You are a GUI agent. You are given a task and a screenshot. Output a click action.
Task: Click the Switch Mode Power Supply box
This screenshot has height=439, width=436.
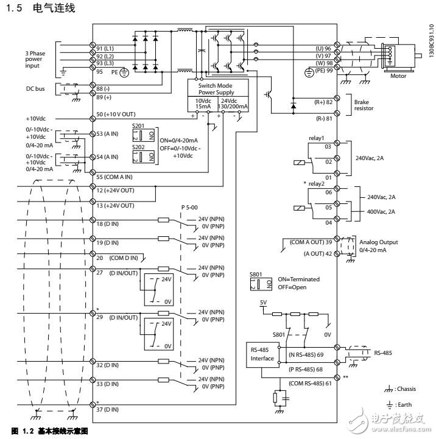(211, 89)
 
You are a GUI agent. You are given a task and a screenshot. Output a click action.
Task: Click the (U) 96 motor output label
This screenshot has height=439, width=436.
(322, 47)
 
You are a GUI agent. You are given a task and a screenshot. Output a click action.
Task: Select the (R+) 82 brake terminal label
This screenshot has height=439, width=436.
(321, 102)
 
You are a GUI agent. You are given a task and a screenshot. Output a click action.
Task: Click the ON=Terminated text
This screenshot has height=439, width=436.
(298, 279)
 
